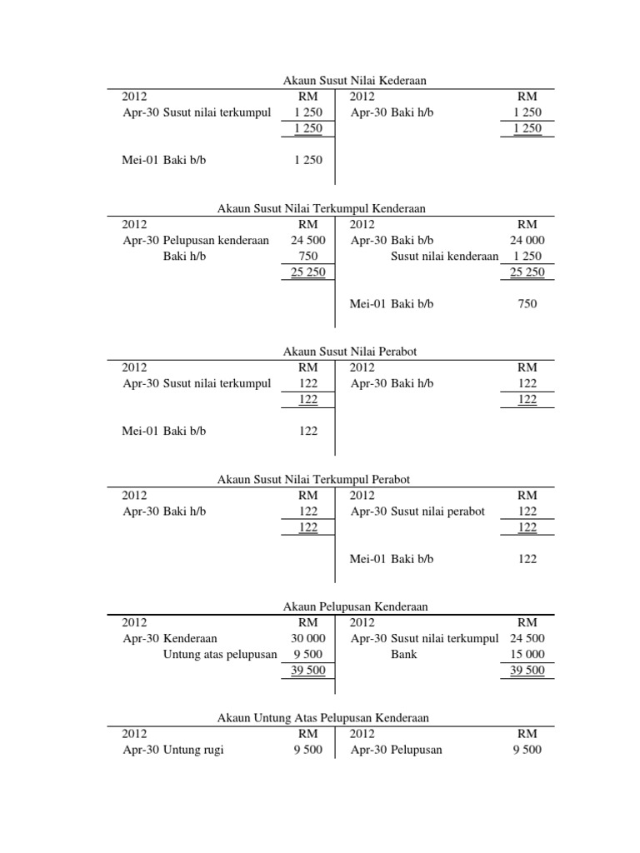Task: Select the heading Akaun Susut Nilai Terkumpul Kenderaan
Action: [315, 208]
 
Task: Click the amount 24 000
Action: [527, 240]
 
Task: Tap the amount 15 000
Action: [527, 655]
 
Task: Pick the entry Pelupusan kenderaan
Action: [216, 240]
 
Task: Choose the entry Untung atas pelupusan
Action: [219, 655]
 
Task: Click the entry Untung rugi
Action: [193, 750]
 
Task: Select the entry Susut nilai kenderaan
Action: [444, 257]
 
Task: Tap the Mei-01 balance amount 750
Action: [527, 304]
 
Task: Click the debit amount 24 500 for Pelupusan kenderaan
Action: [307, 240]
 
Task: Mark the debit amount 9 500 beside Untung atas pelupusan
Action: [307, 655]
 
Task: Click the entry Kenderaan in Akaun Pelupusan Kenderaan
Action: [190, 639]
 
